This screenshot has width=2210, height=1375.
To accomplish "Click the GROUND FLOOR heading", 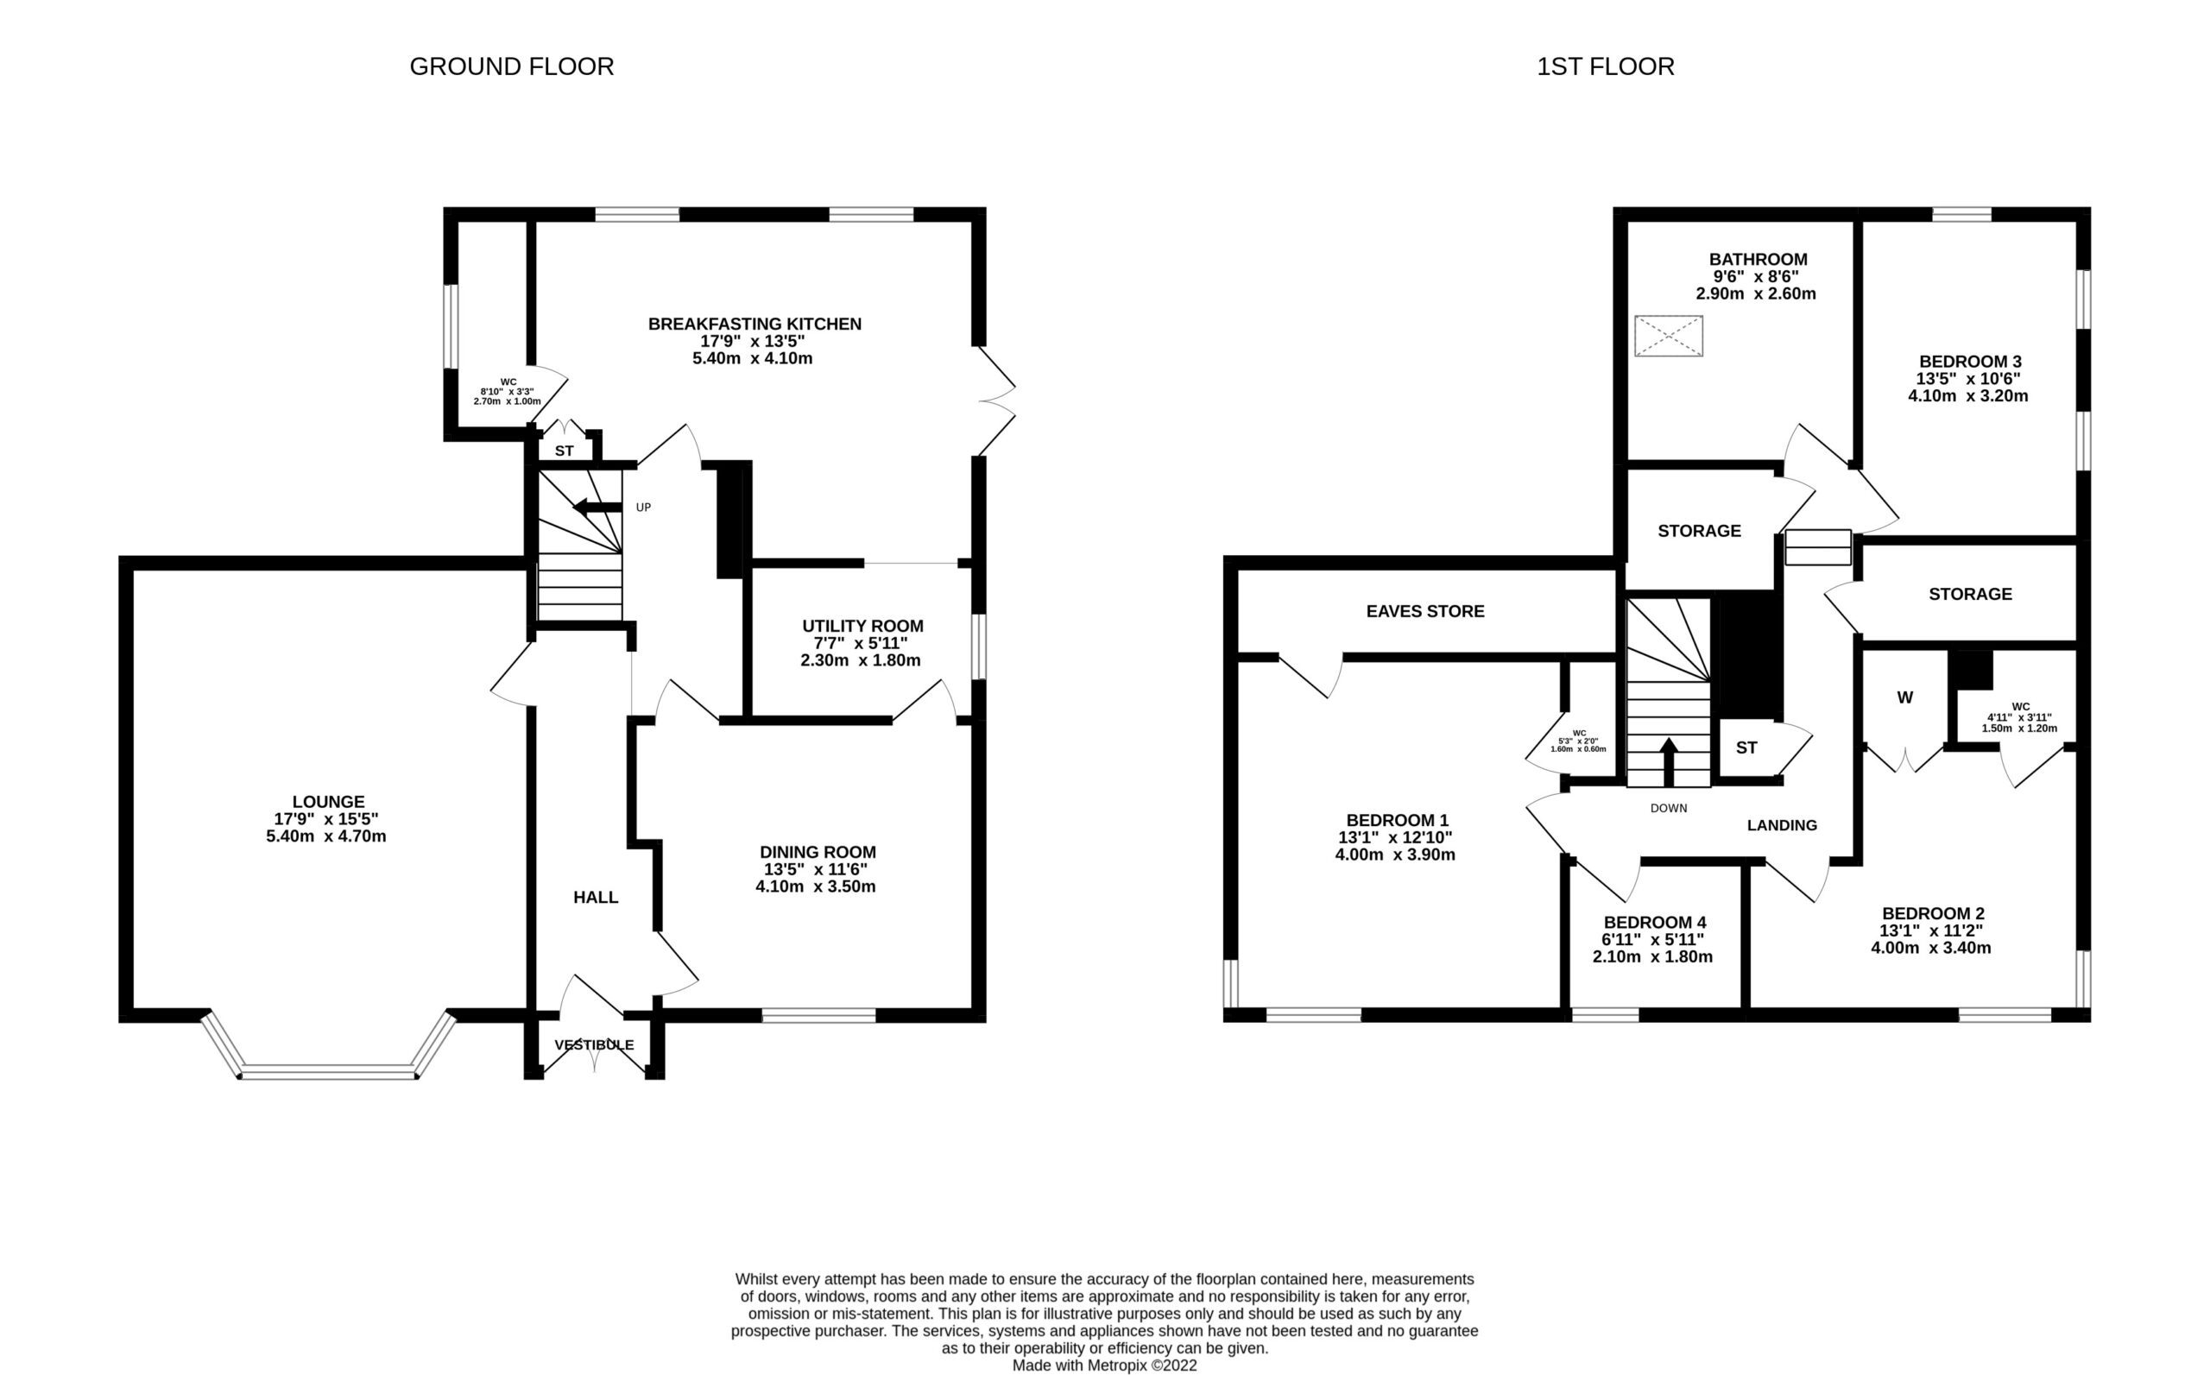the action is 511,66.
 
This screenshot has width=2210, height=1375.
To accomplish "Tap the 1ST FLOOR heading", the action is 1605,66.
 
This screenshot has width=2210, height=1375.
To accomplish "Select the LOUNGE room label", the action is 328,801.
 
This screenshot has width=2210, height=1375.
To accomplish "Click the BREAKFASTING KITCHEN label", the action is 754,324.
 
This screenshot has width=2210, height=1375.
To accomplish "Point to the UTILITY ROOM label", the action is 862,626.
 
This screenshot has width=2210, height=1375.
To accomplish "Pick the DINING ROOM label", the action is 818,852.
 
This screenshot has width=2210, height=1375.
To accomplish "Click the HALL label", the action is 596,898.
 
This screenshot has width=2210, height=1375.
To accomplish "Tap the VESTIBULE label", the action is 595,1045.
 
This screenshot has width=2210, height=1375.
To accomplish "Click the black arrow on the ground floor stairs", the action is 597,507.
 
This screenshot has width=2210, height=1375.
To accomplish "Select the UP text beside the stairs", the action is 643,508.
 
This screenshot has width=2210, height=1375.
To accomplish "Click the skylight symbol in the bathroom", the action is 1668,336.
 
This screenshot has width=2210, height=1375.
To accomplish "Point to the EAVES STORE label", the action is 1425,611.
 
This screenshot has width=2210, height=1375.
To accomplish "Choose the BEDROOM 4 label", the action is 1654,922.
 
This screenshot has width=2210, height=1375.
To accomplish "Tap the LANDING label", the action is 1782,825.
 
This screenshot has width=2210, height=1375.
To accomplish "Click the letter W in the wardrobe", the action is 1904,697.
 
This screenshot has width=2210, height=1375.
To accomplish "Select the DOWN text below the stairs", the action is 1668,808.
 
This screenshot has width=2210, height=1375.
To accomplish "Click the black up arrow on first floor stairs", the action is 1668,762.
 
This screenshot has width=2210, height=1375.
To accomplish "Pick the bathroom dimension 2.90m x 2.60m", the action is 1755,293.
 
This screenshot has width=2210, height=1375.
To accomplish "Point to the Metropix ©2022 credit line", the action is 1104,1365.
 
